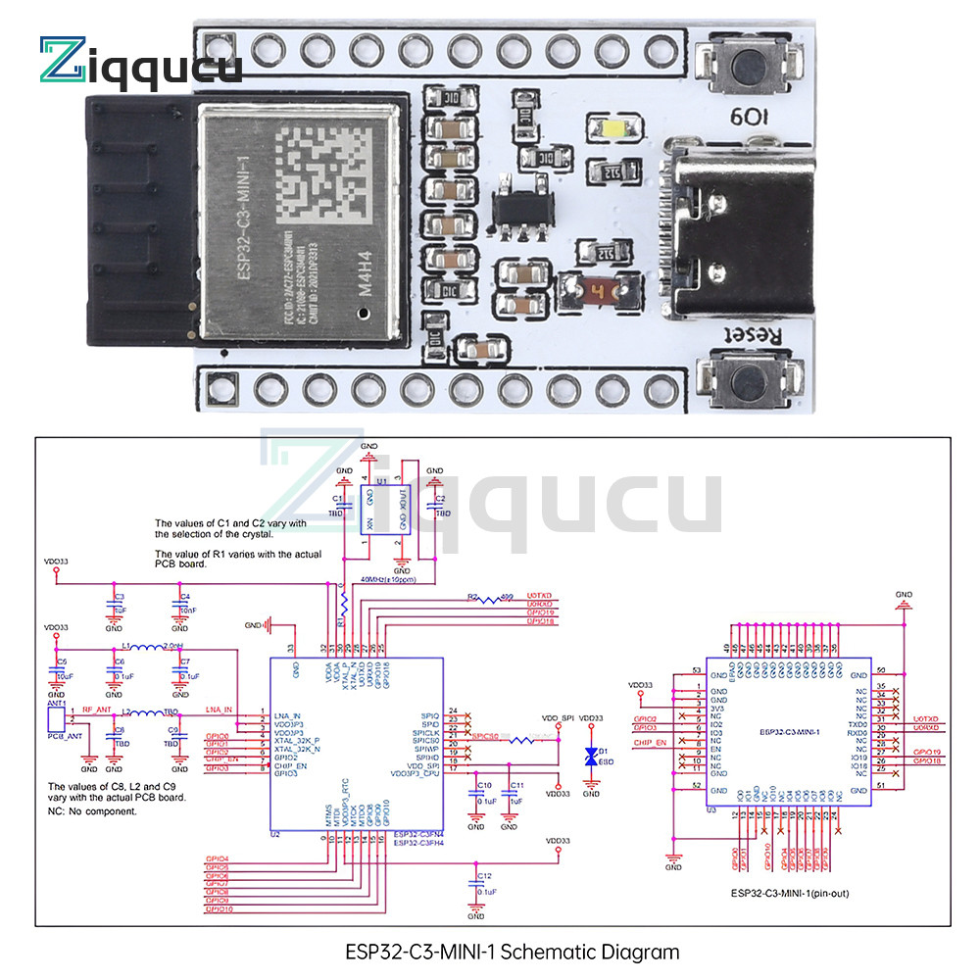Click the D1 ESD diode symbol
click(590, 756)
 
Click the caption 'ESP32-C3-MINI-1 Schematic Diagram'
click(512, 952)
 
